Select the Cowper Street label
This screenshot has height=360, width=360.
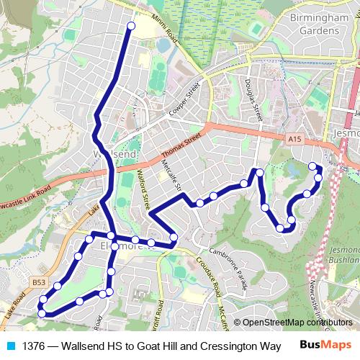tap(184, 102)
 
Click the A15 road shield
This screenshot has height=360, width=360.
tap(292, 138)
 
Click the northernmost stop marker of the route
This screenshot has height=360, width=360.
tap(131, 27)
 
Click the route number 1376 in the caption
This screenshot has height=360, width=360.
tap(34, 346)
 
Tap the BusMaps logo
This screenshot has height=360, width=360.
tap(323, 346)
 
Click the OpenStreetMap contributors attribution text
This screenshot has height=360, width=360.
tap(297, 323)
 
